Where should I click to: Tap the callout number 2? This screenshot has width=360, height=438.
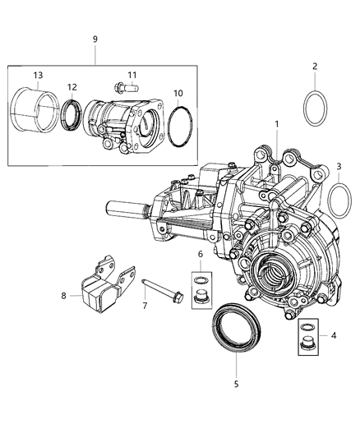(313, 66)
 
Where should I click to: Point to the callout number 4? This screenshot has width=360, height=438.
(332, 334)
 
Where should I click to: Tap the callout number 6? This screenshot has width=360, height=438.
(199, 256)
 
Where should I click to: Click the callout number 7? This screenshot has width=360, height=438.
(145, 306)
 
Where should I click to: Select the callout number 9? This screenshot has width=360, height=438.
(95, 39)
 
